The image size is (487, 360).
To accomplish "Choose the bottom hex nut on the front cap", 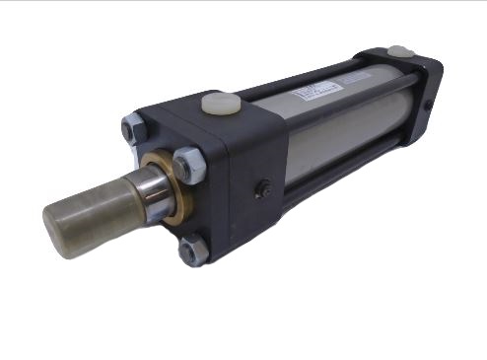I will pos(193,251).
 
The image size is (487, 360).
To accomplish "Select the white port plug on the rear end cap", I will pos(399,50).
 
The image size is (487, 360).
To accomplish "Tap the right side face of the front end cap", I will pos(258,187).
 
